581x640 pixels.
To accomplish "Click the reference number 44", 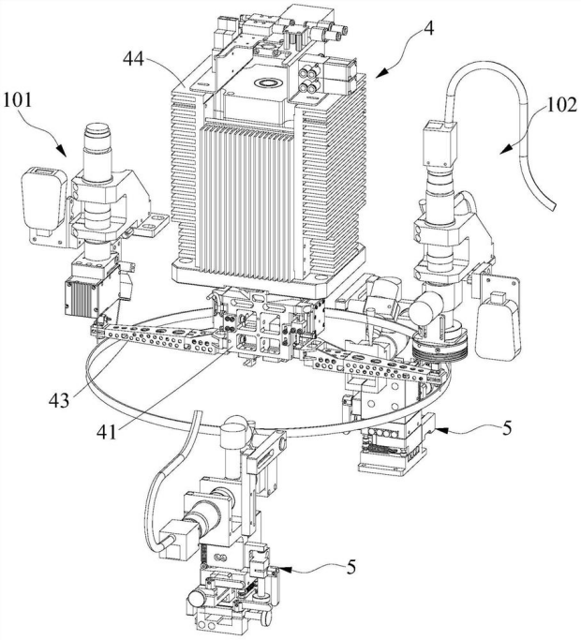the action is coord(133,60).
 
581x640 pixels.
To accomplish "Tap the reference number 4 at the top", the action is coord(429,28).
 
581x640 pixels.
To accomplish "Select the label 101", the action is coord(17,99).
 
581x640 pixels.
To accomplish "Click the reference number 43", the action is coord(59,401).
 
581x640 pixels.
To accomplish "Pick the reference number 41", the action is coord(107,432).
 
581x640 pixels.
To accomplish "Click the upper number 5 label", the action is coord(507,428).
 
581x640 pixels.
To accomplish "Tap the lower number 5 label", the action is coord(351,567).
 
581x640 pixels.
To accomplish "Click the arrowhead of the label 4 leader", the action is coord(381,73).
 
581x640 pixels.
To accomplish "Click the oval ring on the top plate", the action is coord(267,83).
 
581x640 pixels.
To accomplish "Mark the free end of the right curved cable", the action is coord(552,206).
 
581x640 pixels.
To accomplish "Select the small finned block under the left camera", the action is coord(82,296).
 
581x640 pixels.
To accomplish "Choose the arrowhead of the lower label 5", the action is coord(286,569).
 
